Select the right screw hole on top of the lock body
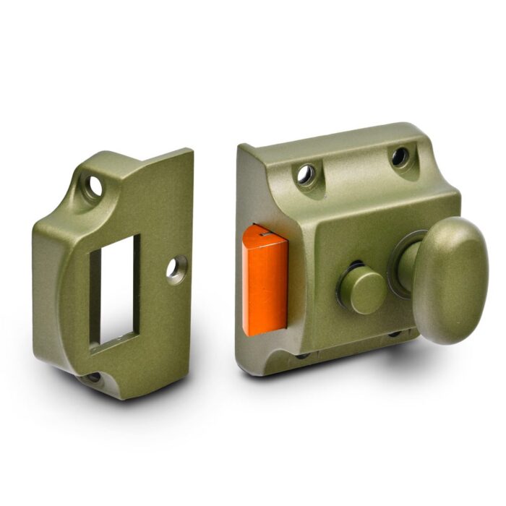pyautogui.click(x=399, y=155)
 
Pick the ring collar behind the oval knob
pyautogui.click(x=402, y=264)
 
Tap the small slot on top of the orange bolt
pyautogui.click(x=266, y=233)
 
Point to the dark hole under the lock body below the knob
pyautogui.click(x=394, y=334)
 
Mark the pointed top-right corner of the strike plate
pyautogui.click(x=191, y=150)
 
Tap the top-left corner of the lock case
pyautogui.click(x=241, y=146)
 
